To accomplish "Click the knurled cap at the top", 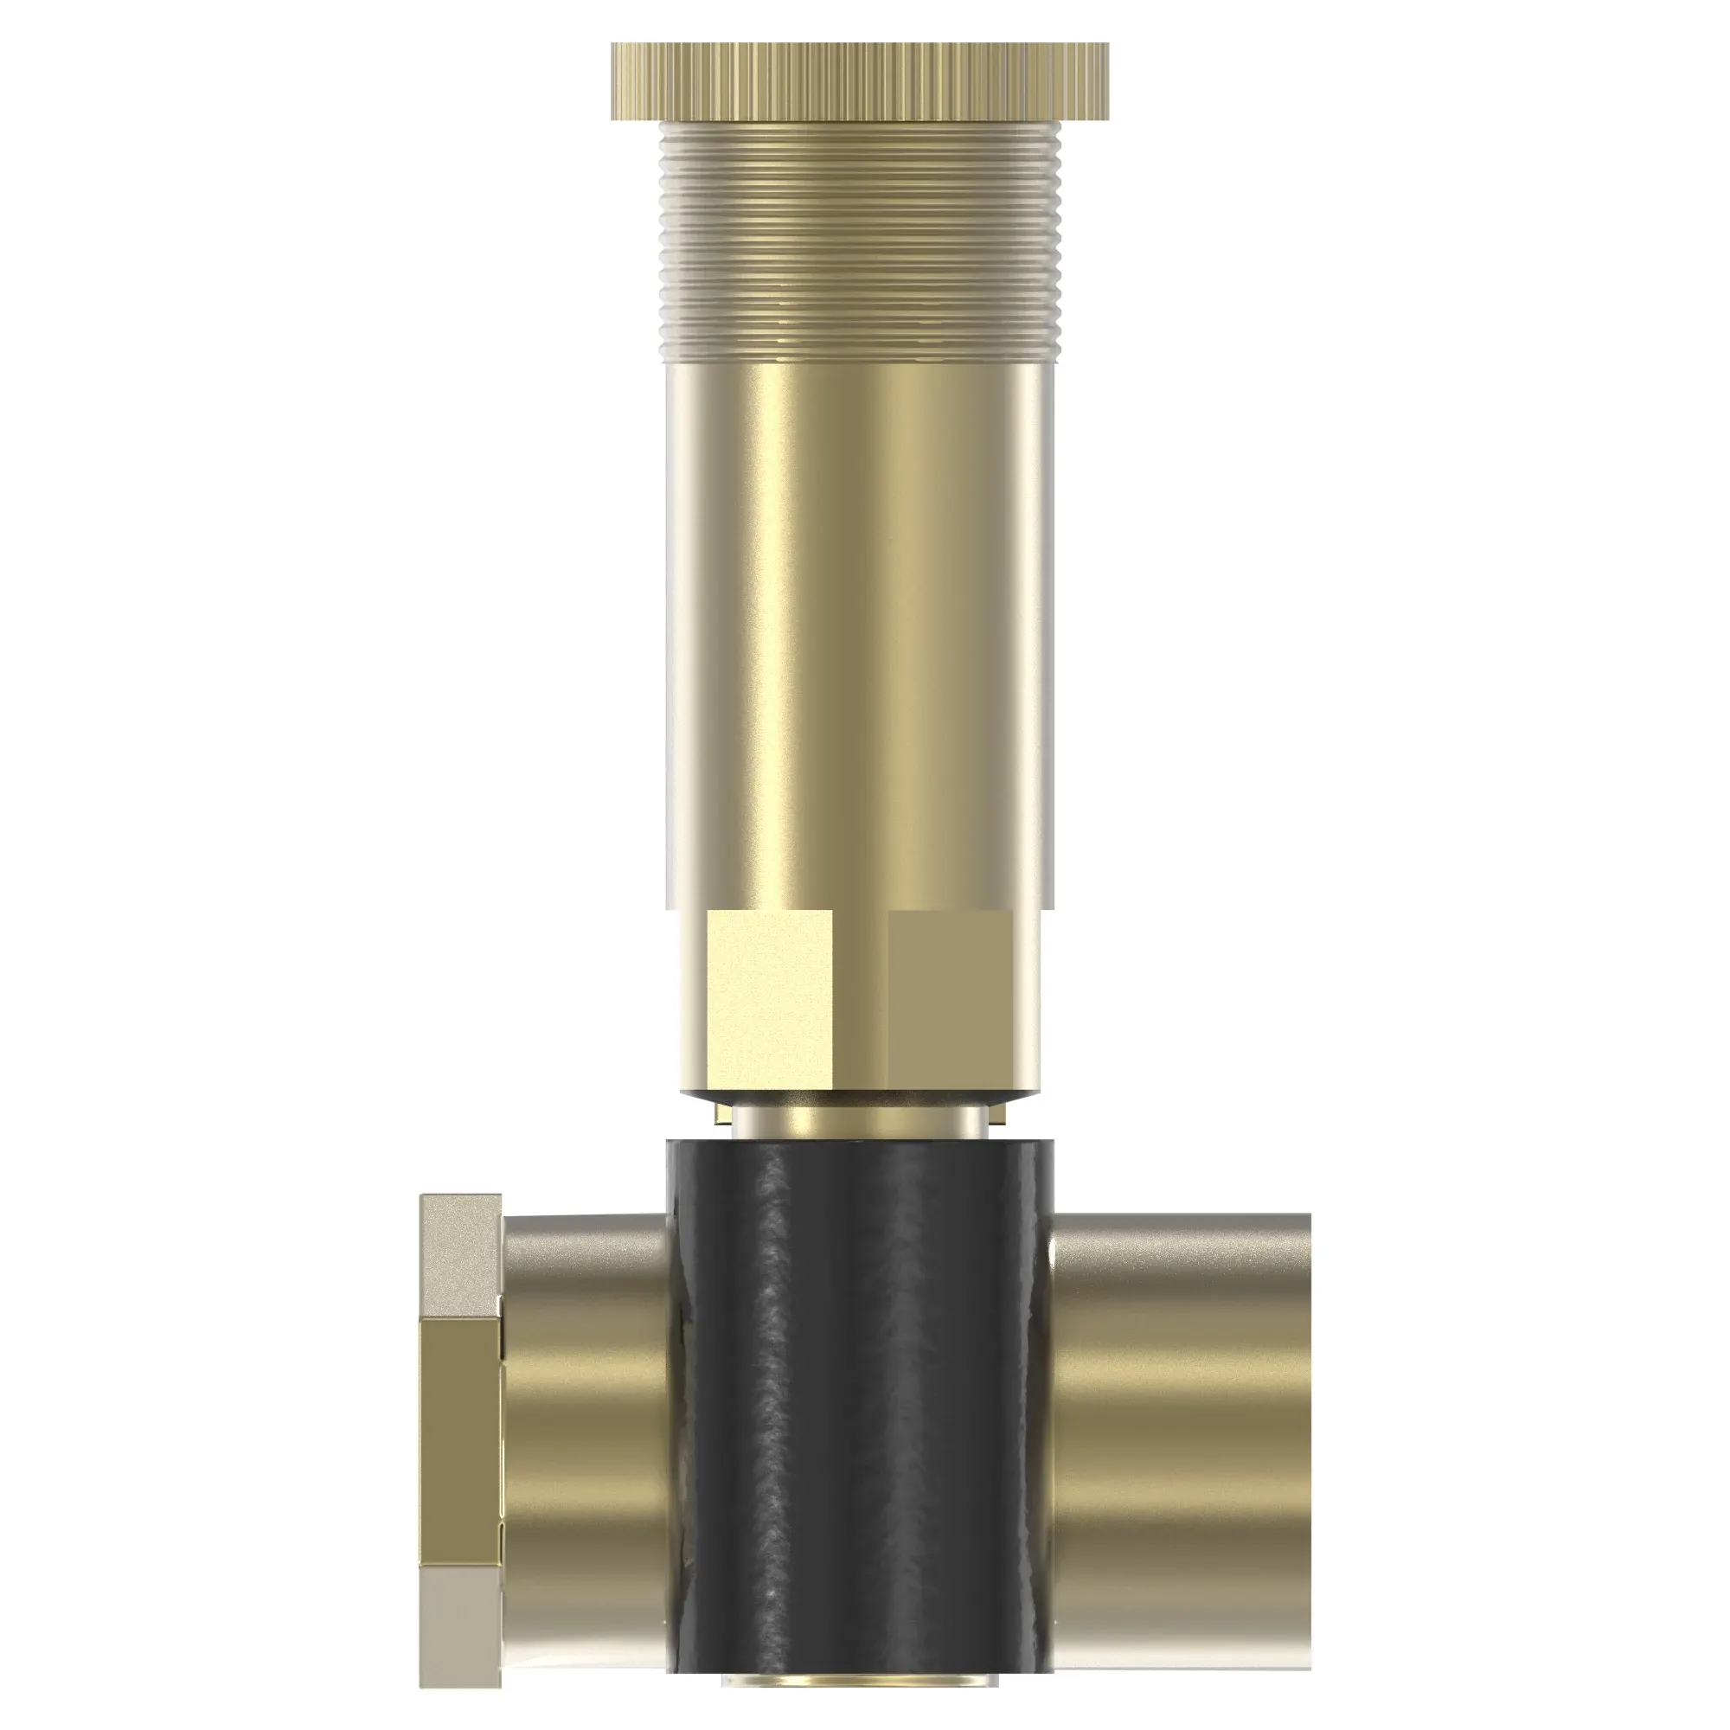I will point(860,80).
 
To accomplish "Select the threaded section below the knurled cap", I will point(860,242).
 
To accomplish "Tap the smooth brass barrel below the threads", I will point(860,627).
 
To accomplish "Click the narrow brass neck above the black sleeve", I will point(860,1121).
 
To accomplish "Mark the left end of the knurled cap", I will point(618,80).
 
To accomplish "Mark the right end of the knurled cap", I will point(1103,80).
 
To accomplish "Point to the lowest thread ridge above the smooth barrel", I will point(860,356).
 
